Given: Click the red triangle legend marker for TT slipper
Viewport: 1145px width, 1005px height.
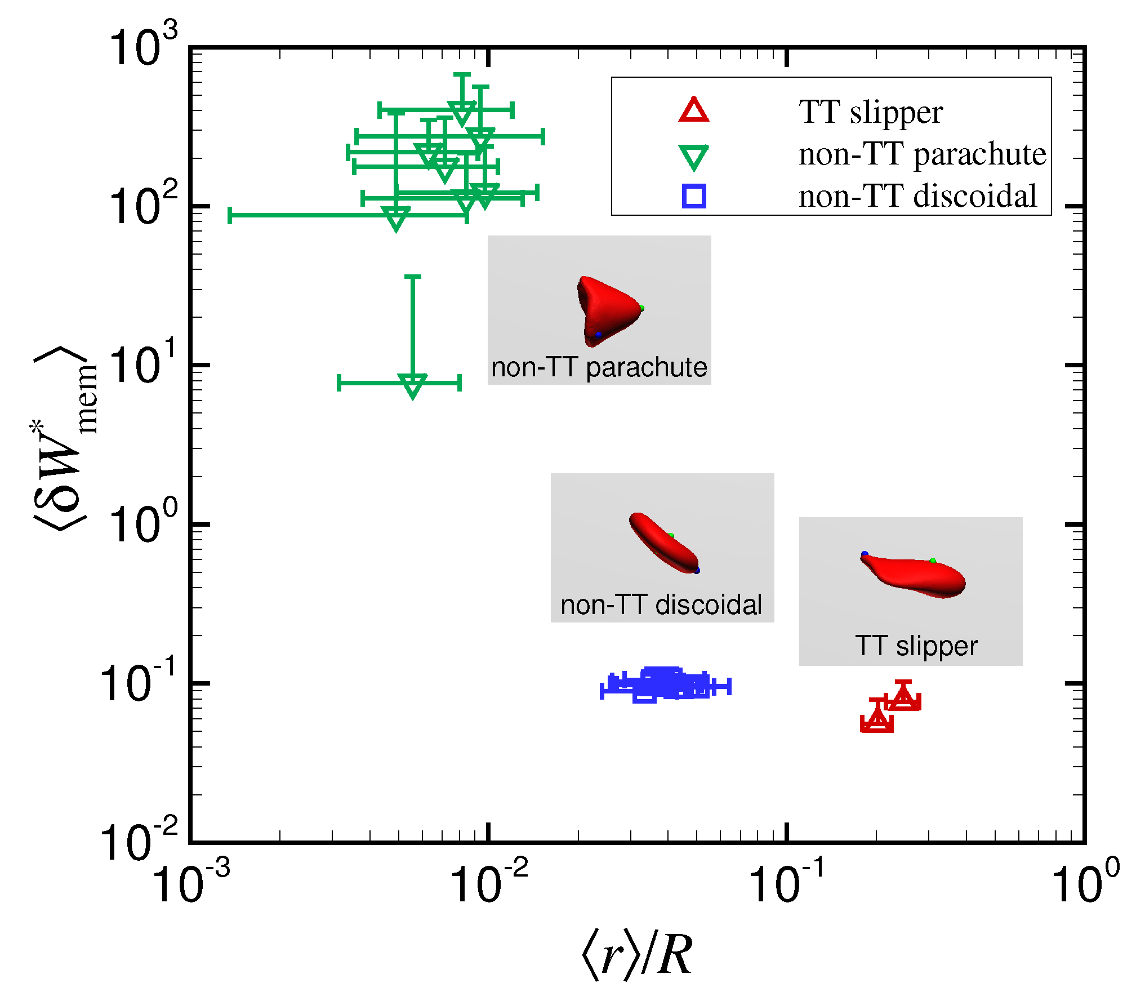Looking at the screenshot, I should [693, 110].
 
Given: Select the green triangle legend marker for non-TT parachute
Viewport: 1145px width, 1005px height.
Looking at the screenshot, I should [693, 157].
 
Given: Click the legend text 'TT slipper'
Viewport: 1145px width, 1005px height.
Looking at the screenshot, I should [871, 112].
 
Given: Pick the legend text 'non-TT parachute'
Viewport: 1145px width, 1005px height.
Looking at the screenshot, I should [922, 154].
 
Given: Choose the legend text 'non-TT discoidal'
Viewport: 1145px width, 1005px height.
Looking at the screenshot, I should [917, 196].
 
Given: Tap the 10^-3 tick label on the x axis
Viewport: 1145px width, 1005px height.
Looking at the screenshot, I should [190, 883].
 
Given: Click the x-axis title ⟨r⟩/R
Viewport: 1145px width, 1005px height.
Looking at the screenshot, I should [636, 955].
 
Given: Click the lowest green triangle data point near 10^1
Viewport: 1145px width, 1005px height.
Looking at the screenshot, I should [412, 385].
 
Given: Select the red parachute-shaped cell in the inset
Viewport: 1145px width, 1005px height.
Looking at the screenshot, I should [608, 309].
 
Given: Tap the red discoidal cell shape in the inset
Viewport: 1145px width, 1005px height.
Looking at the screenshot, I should [663, 543].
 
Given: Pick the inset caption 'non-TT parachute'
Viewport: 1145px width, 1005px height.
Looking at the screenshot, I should [599, 367].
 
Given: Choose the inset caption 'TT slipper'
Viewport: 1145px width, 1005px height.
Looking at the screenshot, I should [916, 646].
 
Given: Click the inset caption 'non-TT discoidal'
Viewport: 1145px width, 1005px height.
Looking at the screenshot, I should [661, 605].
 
